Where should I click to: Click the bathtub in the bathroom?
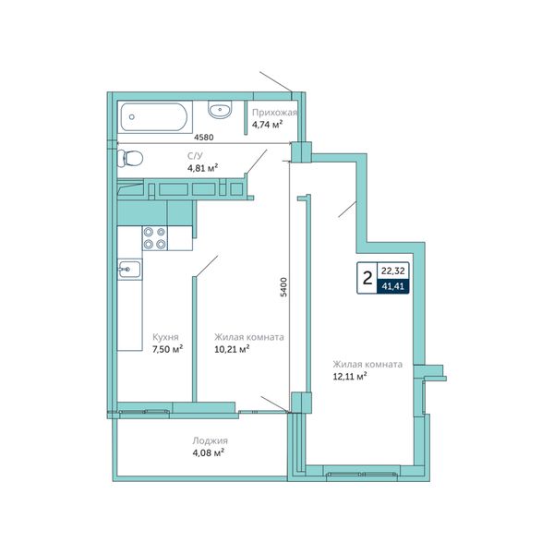coord(155,117)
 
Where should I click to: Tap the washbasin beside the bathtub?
coord(220,109)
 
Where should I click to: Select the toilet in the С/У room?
coord(129,158)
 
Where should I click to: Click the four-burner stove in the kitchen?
coord(155,238)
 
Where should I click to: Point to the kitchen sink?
coord(129,270)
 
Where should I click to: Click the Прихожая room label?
coord(274,113)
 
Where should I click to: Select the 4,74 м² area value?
coord(267,125)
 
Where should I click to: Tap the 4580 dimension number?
coord(204,137)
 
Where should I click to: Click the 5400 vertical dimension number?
coord(284,287)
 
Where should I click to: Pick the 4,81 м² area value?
coord(202,167)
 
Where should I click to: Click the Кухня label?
coord(165,337)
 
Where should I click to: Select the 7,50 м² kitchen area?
coord(167,349)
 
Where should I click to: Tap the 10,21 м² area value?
coord(232,349)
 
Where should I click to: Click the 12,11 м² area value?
coord(349,377)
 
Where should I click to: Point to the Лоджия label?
coord(210,441)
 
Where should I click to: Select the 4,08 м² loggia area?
coord(209,452)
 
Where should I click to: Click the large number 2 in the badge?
coord(367,278)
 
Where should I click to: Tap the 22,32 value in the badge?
coord(393,271)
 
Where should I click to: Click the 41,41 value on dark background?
coord(393,286)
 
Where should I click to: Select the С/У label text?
coord(195,156)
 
